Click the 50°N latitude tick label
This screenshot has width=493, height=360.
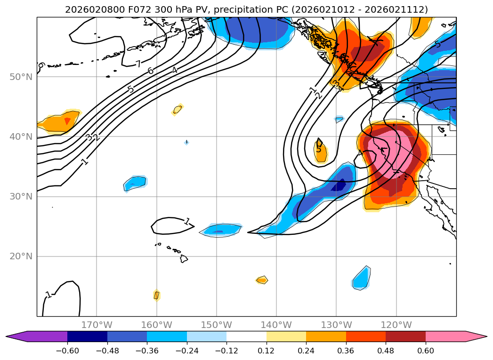(20, 77)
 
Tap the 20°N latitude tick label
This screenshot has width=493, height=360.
(20, 256)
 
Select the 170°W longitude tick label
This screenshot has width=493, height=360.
(97, 325)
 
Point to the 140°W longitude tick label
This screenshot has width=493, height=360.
(276, 325)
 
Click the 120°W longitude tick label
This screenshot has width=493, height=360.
(396, 325)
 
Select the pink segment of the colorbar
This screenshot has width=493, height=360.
(445, 336)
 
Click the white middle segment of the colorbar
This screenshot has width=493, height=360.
(246, 336)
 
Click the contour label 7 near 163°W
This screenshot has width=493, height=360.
(138, 64)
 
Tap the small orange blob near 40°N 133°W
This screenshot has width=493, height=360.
(320, 151)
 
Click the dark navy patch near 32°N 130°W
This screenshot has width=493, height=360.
(339, 185)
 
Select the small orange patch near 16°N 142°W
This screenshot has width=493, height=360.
(262, 280)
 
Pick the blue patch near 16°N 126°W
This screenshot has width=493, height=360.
(361, 278)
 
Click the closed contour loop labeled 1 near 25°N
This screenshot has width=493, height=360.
(172, 226)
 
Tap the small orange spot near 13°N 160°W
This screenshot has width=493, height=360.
(157, 295)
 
